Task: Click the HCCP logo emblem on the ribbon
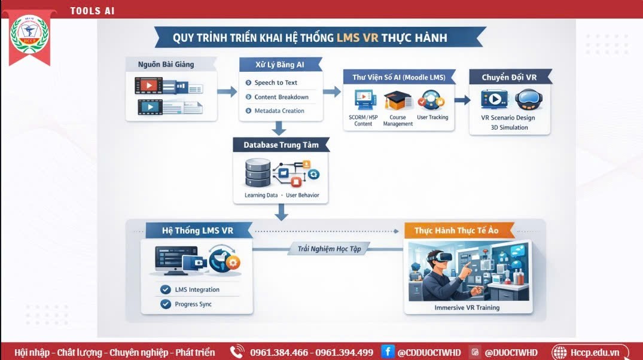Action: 29,34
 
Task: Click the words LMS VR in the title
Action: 357,38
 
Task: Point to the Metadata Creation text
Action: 279,111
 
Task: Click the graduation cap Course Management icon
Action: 397,101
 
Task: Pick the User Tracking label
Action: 432,117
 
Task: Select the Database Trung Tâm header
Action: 281,145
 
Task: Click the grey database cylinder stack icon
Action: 258,173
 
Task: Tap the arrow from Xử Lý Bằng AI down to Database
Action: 279,129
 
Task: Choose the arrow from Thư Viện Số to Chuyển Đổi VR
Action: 462,100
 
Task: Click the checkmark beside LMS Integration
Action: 166,289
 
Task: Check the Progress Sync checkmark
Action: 166,304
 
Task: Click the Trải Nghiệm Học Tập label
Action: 330,249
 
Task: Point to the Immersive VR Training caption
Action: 467,307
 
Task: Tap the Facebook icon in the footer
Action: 387,352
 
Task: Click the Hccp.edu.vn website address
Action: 595,352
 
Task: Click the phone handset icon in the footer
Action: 237,352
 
